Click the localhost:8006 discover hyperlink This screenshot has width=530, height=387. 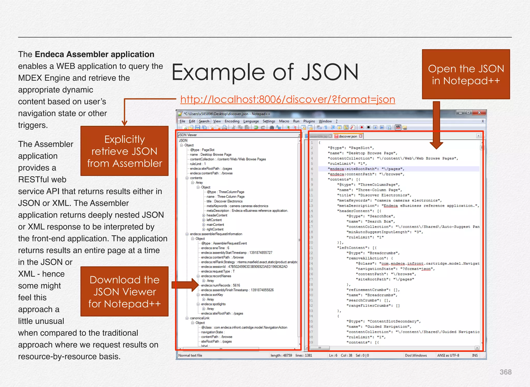[288, 100]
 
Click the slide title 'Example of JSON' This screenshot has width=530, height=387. [265, 72]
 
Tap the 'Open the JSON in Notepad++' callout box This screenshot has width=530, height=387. [466, 75]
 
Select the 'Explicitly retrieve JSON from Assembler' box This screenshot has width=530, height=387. [124, 151]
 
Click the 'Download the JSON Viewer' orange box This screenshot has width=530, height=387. [124, 292]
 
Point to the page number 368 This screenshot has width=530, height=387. [505, 372]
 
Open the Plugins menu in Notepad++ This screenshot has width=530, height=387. [309, 121]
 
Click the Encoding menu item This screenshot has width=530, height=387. [232, 121]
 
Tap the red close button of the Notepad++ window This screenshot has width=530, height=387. [479, 113]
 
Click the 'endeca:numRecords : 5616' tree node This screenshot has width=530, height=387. [220, 285]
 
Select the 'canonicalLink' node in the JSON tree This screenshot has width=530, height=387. [200, 318]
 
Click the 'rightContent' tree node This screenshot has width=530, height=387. [215, 229]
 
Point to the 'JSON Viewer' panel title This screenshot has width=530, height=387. [188, 135]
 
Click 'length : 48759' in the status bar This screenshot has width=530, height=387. [281, 355]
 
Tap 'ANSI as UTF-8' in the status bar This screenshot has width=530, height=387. [448, 355]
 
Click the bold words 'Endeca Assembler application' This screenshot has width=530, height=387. [94, 55]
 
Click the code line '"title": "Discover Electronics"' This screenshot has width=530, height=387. [374, 195]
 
